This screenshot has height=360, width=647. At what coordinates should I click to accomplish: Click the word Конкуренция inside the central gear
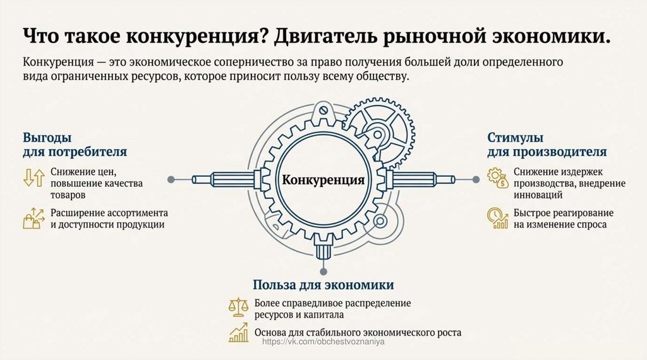[323, 180]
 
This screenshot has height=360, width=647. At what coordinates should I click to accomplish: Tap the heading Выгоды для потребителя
[75, 145]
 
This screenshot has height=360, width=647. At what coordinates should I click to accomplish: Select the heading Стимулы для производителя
[547, 145]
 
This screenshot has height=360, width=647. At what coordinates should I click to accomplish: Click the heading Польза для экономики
[323, 284]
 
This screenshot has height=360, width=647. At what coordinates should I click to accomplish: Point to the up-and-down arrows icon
[33, 177]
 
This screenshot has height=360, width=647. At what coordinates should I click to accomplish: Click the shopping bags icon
[33, 218]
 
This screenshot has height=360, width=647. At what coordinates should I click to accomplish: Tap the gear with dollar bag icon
[498, 177]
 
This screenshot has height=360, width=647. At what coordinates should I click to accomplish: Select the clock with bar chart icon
[498, 218]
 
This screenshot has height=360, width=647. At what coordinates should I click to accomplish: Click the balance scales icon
[238, 308]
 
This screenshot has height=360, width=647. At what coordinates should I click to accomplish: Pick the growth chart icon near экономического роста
[238, 332]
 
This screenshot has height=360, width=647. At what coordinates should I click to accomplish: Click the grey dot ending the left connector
[171, 179]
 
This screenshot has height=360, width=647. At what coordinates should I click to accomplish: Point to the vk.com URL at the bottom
[323, 342]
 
